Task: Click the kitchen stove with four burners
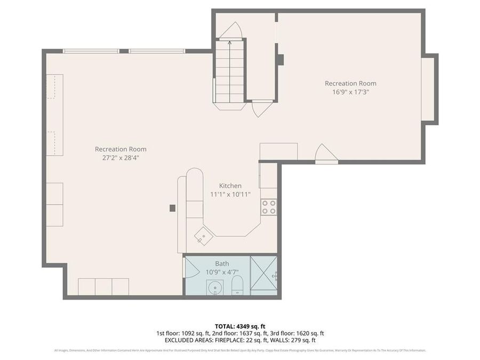click(x=269, y=207)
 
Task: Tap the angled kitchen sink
click(x=202, y=235)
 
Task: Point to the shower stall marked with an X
click(x=264, y=276)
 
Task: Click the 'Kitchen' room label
click(x=230, y=186)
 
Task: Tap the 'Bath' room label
click(x=222, y=263)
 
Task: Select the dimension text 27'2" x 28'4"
click(x=121, y=158)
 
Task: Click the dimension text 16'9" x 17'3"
click(x=350, y=92)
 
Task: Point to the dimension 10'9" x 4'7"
click(x=222, y=272)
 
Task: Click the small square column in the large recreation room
click(x=172, y=208)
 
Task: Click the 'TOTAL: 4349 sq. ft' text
click(x=239, y=326)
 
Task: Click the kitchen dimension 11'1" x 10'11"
click(x=230, y=194)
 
